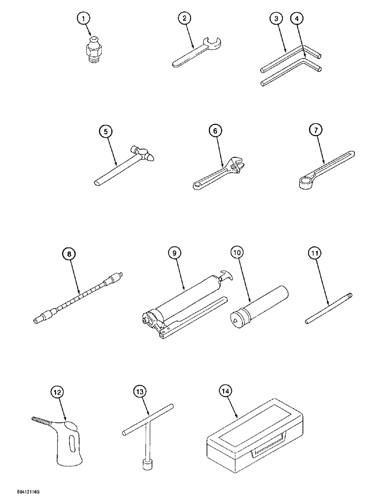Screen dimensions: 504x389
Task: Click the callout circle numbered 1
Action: (85, 19)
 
